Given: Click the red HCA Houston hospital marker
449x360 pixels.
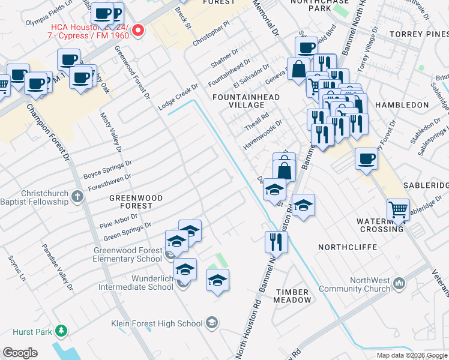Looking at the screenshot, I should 139,30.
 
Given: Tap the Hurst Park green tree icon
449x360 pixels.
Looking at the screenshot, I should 61,331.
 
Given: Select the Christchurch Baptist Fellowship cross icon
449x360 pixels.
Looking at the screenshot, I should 77,196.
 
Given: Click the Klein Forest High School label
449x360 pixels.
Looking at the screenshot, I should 157,323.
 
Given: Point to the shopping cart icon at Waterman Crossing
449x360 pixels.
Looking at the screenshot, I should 398,210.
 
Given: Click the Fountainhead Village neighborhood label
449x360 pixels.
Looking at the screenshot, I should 238,100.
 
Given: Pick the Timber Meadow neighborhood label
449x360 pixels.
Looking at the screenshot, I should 293,295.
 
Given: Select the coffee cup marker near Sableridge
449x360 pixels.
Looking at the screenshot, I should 366,160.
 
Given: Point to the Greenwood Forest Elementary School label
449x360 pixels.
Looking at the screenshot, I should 127,254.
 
